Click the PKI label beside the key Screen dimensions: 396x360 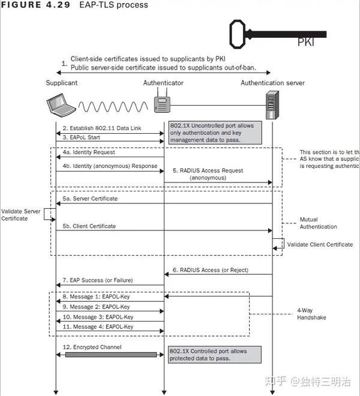305,43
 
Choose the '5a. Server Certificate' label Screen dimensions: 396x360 90,198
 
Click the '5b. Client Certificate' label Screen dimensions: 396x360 89,226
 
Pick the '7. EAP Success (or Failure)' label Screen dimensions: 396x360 97,280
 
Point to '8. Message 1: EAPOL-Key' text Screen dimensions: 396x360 96,296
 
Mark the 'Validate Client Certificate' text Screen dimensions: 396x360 320,245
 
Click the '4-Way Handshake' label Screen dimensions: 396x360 311,314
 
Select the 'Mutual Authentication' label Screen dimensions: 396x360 318,223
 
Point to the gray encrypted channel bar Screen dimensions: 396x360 110,355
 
